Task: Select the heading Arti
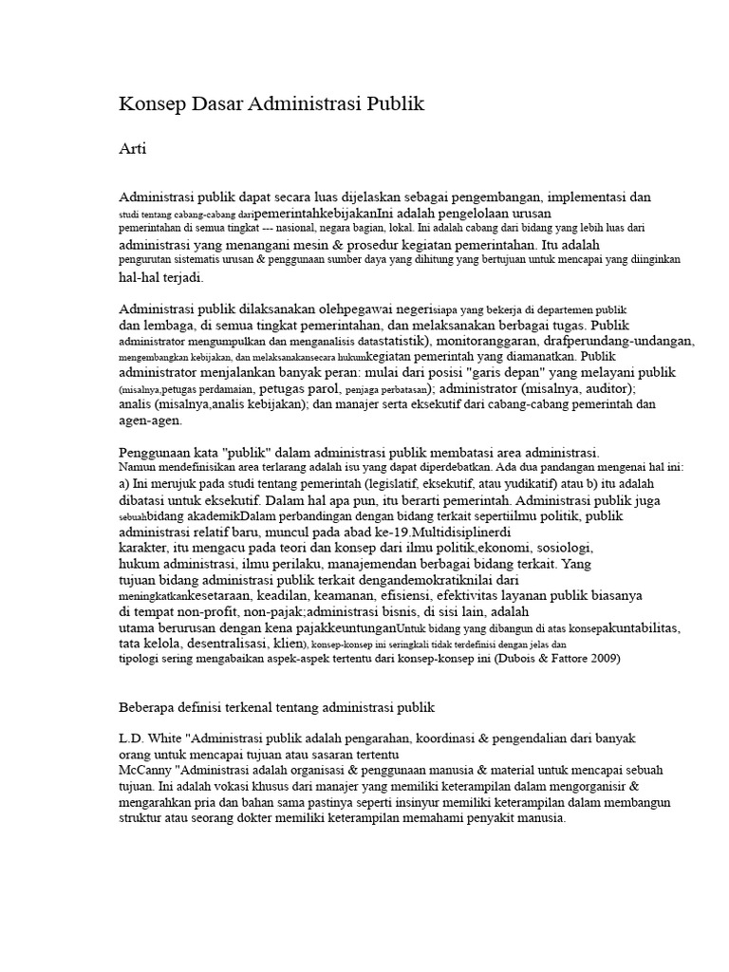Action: pyautogui.click(x=132, y=149)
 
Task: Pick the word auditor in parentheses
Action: pyautogui.click(x=582, y=389)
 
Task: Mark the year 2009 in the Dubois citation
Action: pyautogui.click(x=604, y=660)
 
